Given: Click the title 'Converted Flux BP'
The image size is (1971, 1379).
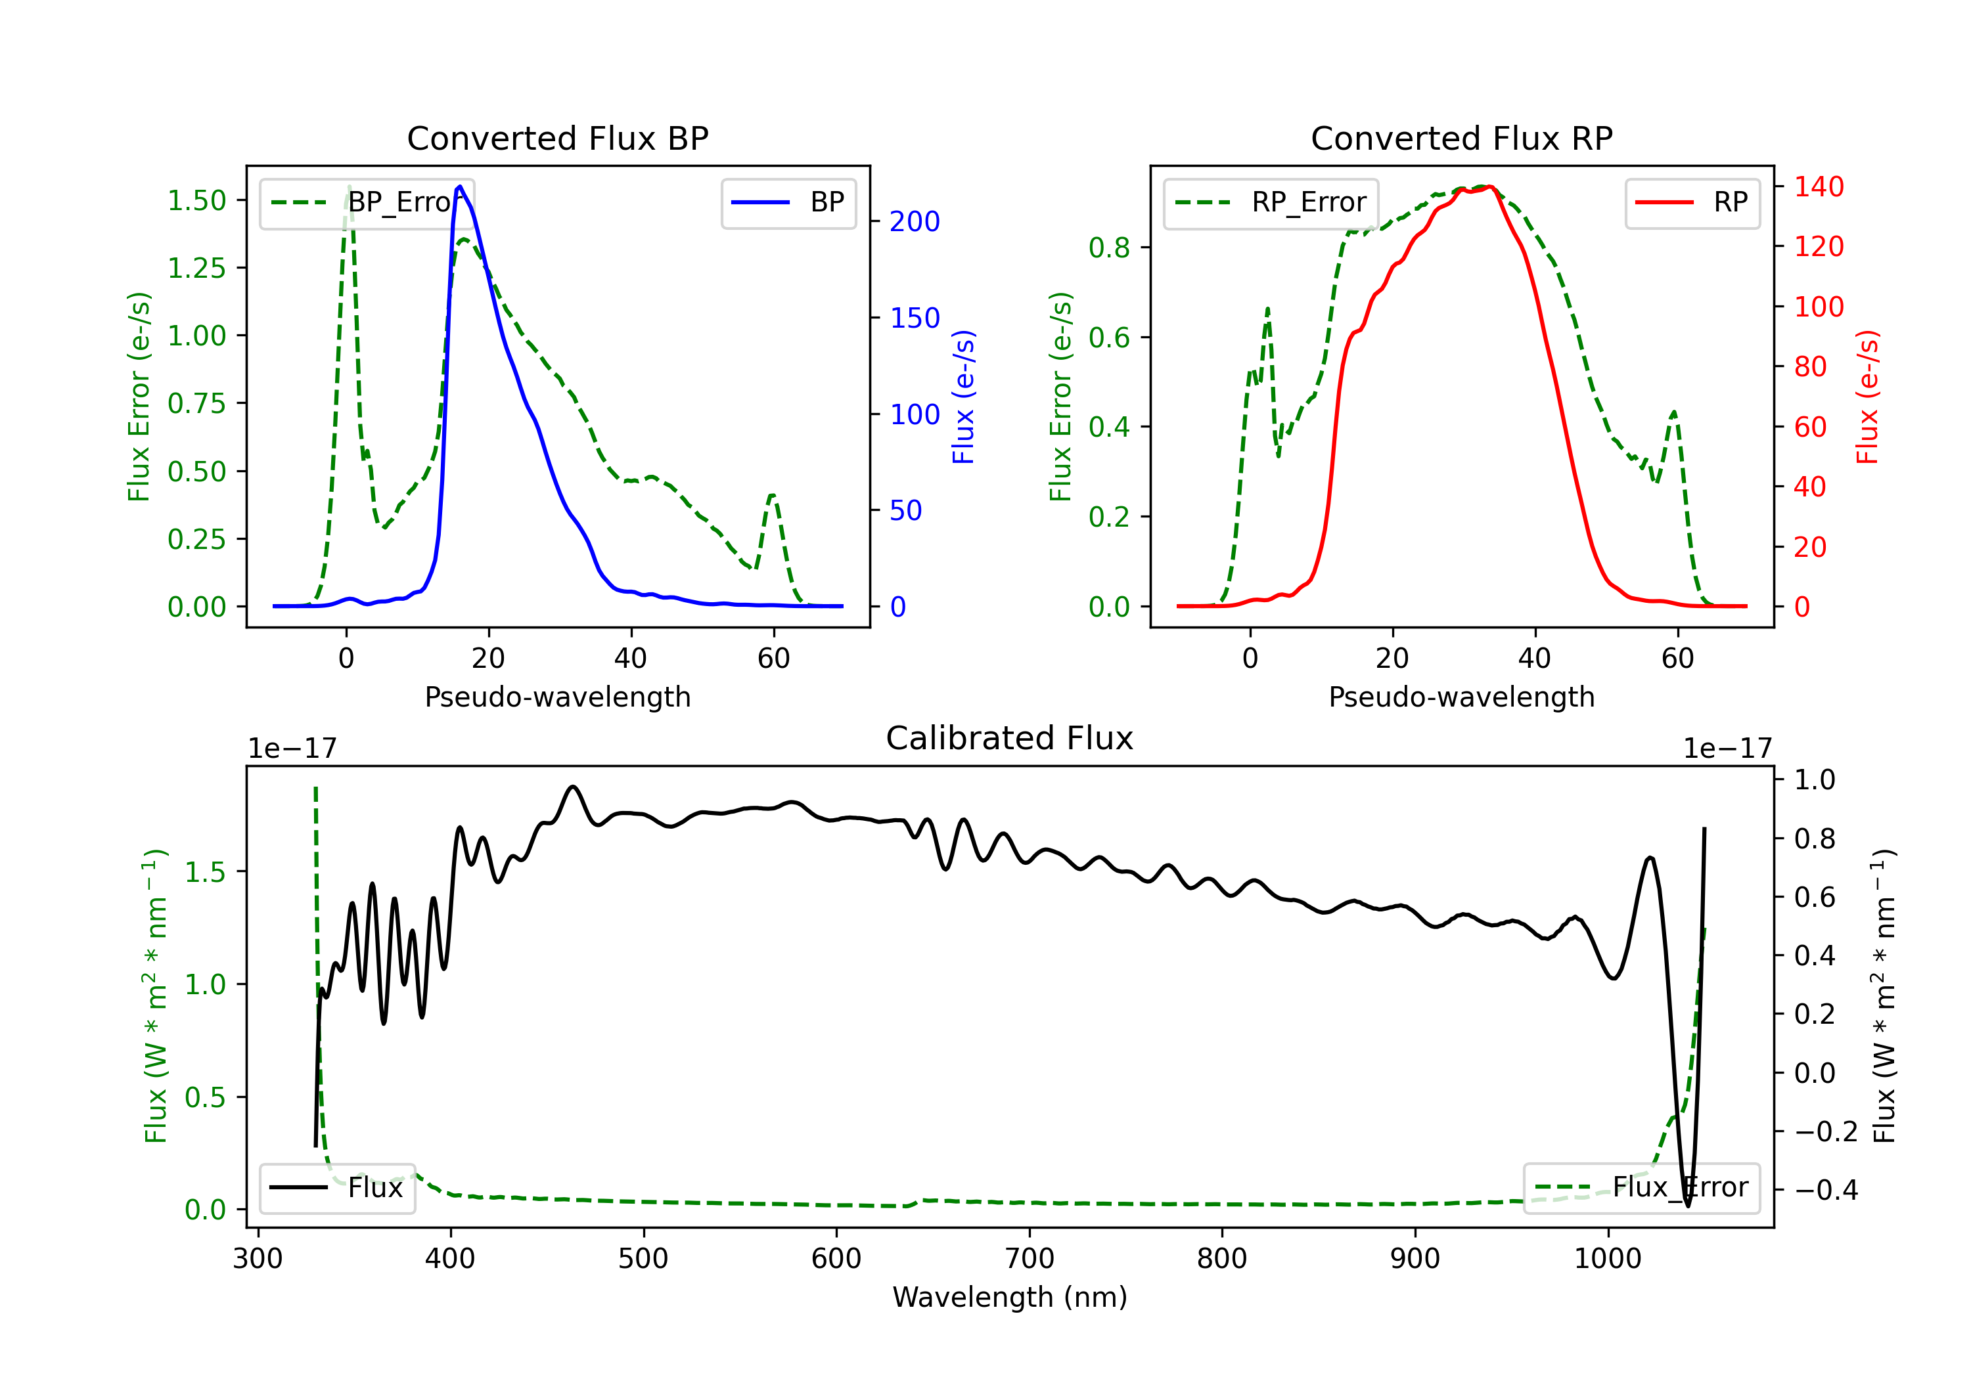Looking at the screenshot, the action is point(558,138).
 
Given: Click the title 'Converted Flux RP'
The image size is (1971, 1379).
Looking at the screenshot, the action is point(1462,138).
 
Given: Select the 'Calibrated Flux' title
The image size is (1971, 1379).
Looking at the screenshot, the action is point(1010,738).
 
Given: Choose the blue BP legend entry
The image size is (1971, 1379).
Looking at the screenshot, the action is point(788,202).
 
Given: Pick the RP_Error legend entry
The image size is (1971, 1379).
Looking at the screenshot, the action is point(1271,202).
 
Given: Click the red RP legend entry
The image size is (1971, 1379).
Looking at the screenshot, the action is point(1692,202).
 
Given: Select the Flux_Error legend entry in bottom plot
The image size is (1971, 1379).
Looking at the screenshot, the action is point(1641,1188).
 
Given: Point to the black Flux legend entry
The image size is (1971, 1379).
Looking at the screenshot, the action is point(336,1188).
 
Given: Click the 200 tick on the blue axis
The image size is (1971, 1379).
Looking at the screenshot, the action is point(915,221).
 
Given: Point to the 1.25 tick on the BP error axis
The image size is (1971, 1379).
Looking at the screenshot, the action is point(196,268).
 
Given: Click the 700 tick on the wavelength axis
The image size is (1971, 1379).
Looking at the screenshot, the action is point(1030,1259).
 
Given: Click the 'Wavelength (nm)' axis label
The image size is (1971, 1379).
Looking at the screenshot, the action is point(1010,1298).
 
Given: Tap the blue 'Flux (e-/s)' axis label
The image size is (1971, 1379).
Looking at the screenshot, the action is point(964,397).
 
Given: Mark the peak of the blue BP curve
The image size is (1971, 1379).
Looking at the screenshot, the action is point(460,186).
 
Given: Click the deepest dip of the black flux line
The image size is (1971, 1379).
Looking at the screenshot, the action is point(1688,1206).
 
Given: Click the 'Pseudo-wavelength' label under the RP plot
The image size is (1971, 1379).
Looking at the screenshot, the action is point(1462,697).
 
